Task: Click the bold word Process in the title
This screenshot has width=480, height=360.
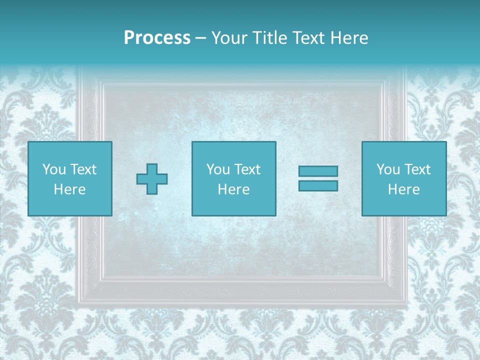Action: (x=157, y=37)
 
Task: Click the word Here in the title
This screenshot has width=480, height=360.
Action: (x=348, y=37)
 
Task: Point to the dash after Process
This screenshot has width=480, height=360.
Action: (x=201, y=38)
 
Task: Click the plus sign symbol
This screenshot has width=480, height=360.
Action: (x=152, y=179)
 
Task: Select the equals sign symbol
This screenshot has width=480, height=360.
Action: (x=318, y=178)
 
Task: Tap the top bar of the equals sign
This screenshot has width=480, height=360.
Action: (x=318, y=171)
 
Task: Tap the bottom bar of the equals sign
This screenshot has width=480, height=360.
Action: (x=318, y=185)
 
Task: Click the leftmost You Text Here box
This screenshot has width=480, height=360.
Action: (x=70, y=178)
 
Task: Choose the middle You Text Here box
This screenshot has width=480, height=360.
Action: (x=234, y=178)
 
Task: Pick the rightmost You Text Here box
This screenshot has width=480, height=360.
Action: (x=404, y=178)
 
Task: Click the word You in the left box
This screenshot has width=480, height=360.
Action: (x=54, y=169)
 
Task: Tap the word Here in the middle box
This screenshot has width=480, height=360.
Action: (x=234, y=189)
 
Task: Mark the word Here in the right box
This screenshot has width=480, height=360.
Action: (x=404, y=189)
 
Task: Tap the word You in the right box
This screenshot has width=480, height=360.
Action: (x=388, y=169)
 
